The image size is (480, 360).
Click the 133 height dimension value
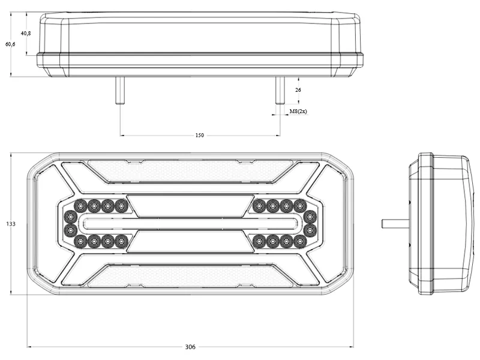10,224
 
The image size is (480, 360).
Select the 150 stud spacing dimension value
199,136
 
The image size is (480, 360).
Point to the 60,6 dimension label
10,44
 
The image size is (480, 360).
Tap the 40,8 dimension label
26,34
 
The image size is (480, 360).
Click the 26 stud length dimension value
298,89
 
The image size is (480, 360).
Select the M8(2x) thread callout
298,112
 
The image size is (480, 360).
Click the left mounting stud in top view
120,91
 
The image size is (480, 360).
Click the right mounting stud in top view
279,91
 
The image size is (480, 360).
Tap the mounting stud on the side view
395,224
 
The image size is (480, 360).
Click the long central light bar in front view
191,224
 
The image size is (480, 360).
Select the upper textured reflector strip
191,171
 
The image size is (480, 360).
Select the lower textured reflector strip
191,277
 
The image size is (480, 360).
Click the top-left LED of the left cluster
80,206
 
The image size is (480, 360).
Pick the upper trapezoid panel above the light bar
191,206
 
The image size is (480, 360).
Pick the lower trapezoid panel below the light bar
191,241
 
